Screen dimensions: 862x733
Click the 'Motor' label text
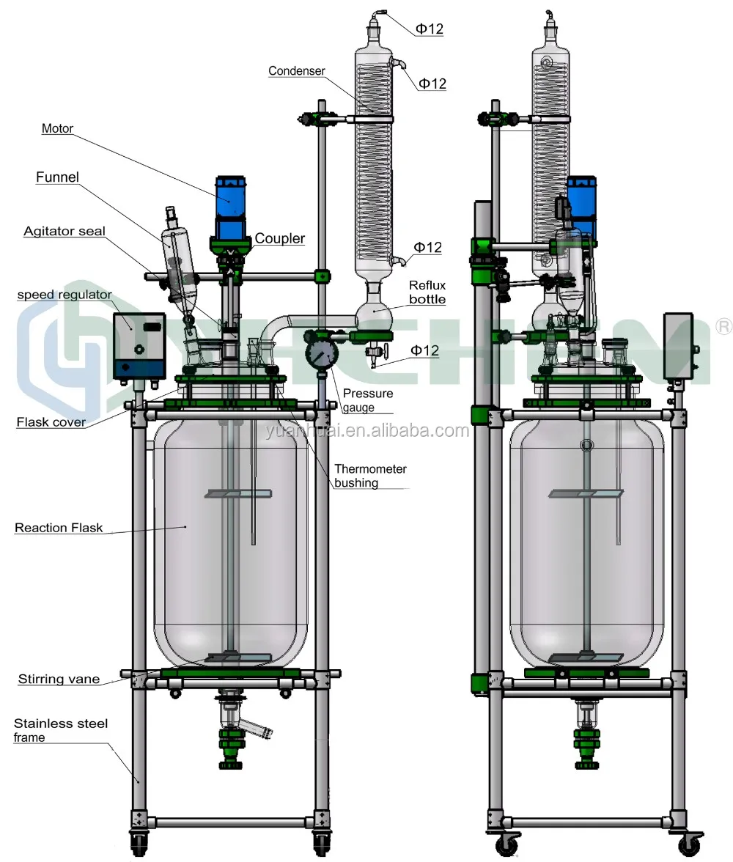tap(58, 129)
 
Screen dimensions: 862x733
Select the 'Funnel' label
tap(57, 177)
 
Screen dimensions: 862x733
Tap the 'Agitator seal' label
tap(65, 231)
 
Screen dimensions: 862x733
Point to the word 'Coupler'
tap(280, 239)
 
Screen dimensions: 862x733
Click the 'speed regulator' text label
tap(64, 295)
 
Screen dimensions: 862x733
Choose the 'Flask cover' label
tap(51, 421)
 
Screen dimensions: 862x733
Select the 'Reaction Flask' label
tap(59, 528)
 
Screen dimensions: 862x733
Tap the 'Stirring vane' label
tap(59, 679)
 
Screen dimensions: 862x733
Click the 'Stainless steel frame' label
tap(60, 730)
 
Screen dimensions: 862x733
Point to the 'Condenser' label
tap(296, 71)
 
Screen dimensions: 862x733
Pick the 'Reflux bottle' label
tap(427, 292)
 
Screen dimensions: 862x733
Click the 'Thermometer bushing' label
tap(369, 476)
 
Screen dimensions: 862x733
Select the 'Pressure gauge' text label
tap(367, 400)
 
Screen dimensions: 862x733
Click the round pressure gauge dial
tap(320, 353)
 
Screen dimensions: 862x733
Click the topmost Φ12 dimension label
tap(430, 29)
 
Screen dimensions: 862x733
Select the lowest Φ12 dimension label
tap(424, 351)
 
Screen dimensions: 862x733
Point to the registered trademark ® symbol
tap(723, 325)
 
